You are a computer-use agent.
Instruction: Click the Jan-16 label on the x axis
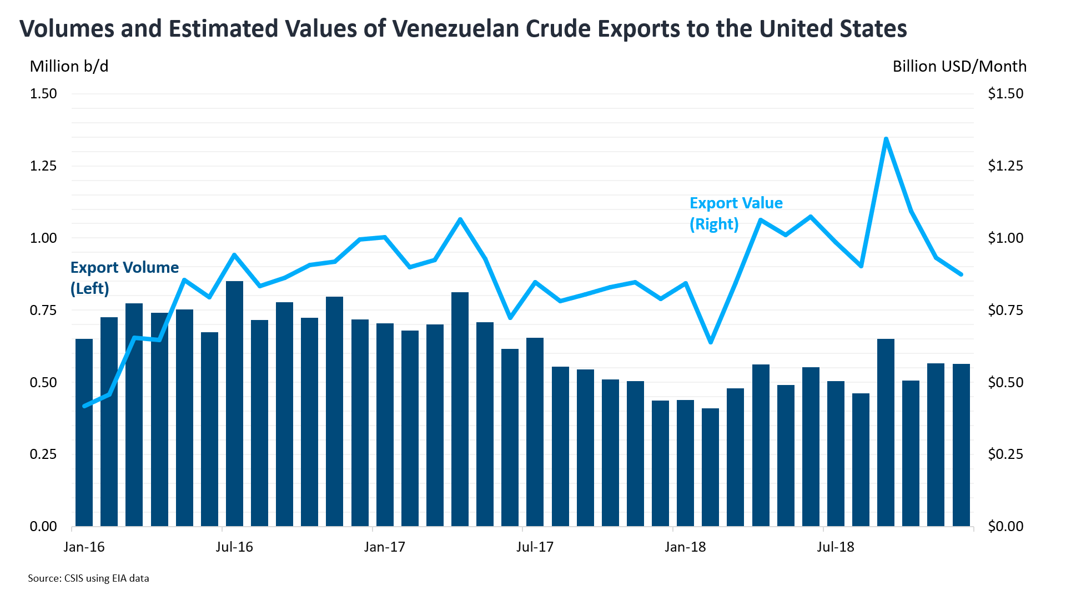click(x=84, y=547)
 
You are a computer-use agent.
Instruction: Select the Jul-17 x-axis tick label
click(x=535, y=547)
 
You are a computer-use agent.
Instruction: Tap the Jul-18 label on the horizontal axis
click(x=835, y=547)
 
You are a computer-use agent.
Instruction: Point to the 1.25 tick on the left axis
click(x=43, y=166)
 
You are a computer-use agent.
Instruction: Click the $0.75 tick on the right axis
click(x=1005, y=310)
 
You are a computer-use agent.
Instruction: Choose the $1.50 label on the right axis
click(x=1005, y=93)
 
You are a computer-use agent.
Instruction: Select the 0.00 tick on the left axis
click(x=43, y=526)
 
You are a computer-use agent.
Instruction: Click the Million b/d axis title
click(x=69, y=67)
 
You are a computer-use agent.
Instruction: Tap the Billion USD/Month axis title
click(x=959, y=67)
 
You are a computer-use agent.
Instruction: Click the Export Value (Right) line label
click(x=736, y=213)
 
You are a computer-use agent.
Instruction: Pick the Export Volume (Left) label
click(x=124, y=278)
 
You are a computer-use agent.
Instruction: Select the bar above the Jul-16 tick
click(x=234, y=403)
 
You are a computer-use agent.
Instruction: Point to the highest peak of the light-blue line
click(x=886, y=139)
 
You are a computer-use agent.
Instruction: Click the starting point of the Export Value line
click(x=84, y=406)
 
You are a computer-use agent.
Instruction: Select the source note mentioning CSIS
click(x=88, y=578)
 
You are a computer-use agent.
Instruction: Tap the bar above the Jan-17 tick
click(x=385, y=424)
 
